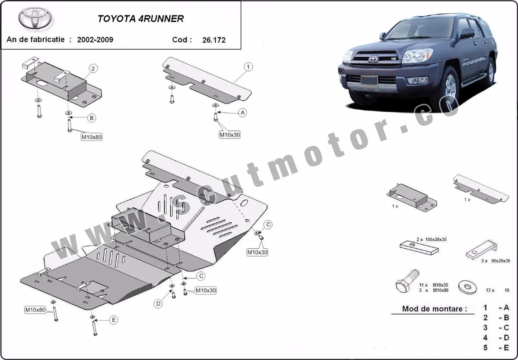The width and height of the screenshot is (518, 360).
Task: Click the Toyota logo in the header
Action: tap(35, 19)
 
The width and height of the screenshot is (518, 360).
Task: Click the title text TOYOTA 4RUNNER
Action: tap(140, 19)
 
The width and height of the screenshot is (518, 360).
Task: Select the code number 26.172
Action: tap(213, 40)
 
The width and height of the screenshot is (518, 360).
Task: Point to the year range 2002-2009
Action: tap(95, 40)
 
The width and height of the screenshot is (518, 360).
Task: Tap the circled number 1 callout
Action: tap(248, 67)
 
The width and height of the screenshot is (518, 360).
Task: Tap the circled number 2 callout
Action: tap(93, 68)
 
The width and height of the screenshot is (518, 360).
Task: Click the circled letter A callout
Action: tap(243, 113)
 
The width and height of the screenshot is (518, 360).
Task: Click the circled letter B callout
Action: tap(92, 117)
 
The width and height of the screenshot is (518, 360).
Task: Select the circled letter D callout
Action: tap(159, 304)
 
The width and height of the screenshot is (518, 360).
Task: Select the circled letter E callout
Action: tap(114, 320)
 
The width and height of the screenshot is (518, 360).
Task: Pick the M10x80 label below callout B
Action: tap(92, 137)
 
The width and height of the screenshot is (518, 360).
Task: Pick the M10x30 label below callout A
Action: tap(229, 135)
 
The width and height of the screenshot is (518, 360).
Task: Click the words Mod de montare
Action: tap(434, 309)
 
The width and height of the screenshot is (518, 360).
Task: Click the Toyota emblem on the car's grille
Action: tap(373, 59)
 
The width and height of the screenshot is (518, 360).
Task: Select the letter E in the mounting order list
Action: tap(506, 347)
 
